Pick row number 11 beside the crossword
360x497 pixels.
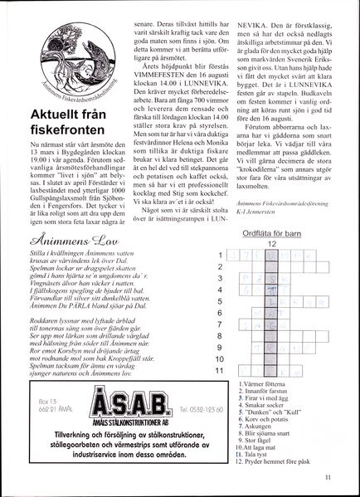[218, 370]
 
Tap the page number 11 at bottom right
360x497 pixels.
[328, 475]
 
